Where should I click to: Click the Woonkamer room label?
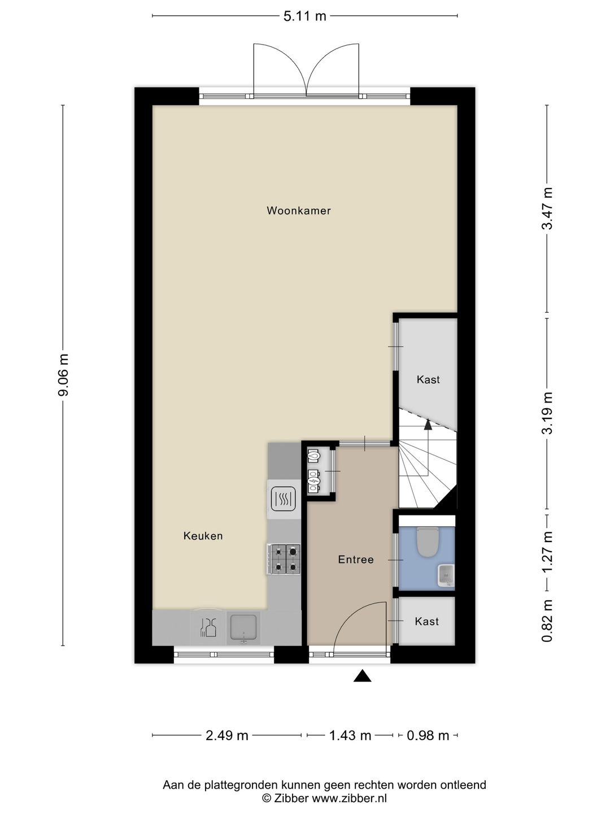[298, 211]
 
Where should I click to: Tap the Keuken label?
[203, 536]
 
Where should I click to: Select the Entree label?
[356, 560]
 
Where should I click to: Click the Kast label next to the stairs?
[428, 379]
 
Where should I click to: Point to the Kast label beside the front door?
[426, 621]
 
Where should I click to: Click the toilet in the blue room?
[427, 541]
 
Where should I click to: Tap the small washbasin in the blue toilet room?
[446, 574]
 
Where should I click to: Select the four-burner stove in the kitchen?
[284, 559]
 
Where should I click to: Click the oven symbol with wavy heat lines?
[284, 499]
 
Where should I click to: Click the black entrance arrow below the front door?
[362, 676]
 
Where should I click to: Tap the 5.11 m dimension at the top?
[305, 16]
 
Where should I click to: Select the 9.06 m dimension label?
[63, 375]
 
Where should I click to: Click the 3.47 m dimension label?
[547, 209]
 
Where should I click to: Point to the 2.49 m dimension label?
[227, 735]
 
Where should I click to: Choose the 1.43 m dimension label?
[350, 735]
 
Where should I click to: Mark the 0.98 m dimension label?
[428, 735]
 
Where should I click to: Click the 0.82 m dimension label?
[547, 622]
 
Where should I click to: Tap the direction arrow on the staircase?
[428, 425]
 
